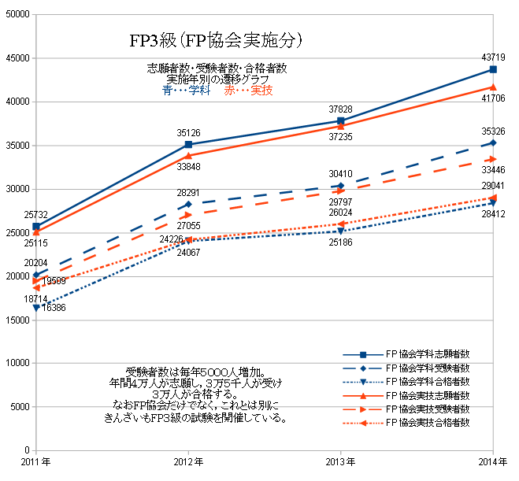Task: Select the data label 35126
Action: click(188, 132)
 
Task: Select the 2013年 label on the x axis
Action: click(341, 461)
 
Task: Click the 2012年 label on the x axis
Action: click(188, 461)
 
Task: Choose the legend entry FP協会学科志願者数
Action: click(428, 354)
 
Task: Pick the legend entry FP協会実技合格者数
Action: click(428, 424)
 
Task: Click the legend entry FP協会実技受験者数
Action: click(428, 410)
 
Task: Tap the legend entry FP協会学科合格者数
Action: click(428, 382)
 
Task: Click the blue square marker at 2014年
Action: click(494, 69)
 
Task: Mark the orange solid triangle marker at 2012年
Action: click(188, 156)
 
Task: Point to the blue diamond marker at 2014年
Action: click(494, 142)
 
